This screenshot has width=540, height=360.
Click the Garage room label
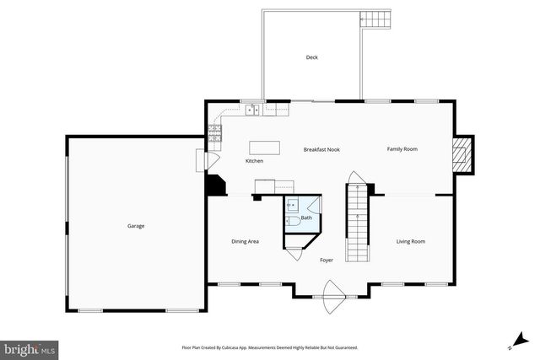pos(136,226)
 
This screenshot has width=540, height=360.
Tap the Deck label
pos(311,57)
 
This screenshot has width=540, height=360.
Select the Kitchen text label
pos(254,161)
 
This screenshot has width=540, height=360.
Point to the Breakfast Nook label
pos(321,149)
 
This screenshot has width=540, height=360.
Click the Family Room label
pos(402,149)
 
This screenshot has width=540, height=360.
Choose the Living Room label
pos(411,242)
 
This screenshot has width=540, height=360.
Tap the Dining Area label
pos(245,242)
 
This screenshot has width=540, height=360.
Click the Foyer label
pos(327,261)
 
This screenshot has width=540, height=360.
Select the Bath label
pos(306,218)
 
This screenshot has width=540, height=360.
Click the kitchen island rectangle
pos(264,148)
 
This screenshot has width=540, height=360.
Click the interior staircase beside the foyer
pos(359,223)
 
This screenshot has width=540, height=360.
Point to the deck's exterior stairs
pos(373,18)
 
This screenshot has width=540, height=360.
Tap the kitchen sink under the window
pos(251,108)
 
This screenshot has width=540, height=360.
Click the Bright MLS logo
pos(30,347)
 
